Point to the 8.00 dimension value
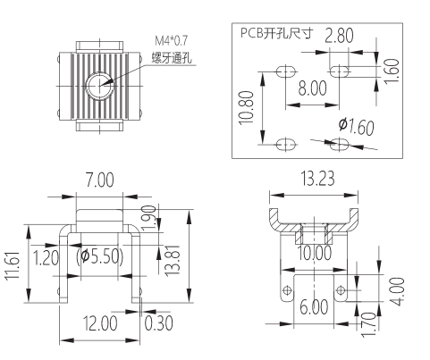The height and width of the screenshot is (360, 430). [313, 89]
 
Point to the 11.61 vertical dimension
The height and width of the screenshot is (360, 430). [12, 264]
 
